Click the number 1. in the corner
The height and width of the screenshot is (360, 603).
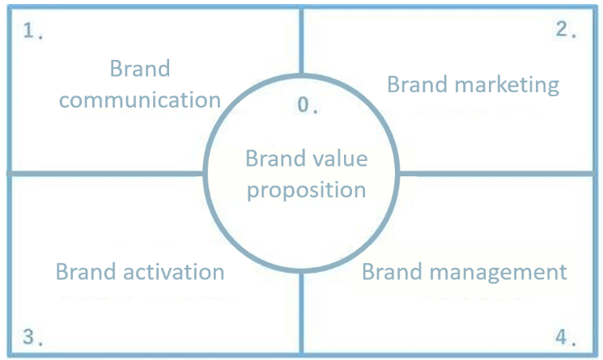pos(33,34)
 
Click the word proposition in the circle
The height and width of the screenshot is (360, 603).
pos(306,190)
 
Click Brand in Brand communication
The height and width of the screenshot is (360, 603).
pos(140,69)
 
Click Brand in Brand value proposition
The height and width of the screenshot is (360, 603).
pos(272,158)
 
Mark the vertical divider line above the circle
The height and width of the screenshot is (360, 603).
pos(302,40)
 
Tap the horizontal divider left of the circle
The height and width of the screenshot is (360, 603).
pos(105,173)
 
